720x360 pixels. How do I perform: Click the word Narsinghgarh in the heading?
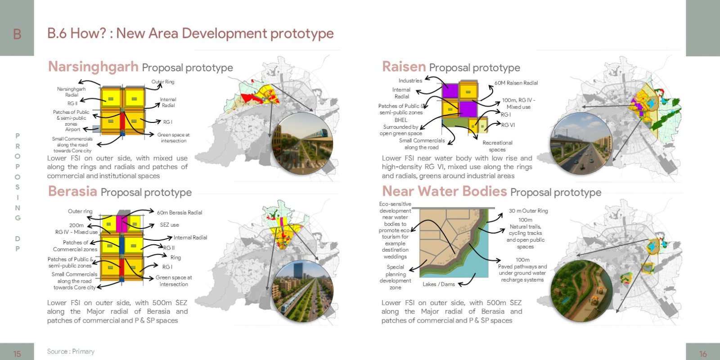(x=93, y=67)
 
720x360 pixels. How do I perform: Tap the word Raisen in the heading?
(x=404, y=67)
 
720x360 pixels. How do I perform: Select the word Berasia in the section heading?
(x=72, y=191)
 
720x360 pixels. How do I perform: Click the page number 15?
(x=17, y=354)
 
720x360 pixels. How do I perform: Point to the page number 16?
(x=702, y=354)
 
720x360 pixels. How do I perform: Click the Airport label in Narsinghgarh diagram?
(x=72, y=129)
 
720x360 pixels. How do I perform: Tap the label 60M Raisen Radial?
(x=516, y=83)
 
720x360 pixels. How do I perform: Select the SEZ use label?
(x=169, y=225)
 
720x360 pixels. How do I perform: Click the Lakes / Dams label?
(x=438, y=284)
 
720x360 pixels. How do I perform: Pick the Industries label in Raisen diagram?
(x=410, y=81)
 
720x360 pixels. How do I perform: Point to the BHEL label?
(x=401, y=120)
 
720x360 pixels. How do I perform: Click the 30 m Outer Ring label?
(x=528, y=211)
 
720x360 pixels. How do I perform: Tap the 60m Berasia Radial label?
(x=180, y=212)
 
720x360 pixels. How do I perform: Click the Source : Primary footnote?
(x=71, y=351)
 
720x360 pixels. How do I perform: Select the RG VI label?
(x=508, y=125)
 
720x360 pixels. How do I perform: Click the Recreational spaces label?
(x=497, y=146)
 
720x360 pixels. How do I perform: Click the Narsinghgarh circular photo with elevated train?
(x=302, y=144)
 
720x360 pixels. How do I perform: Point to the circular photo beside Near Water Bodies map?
(x=581, y=291)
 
